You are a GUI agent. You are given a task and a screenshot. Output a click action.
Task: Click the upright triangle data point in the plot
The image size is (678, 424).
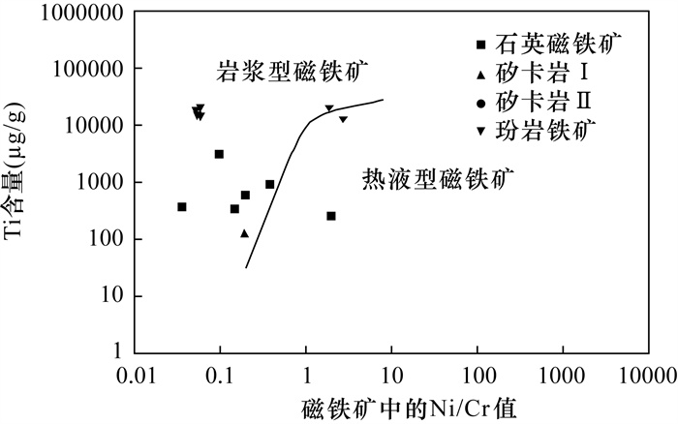point(245,233)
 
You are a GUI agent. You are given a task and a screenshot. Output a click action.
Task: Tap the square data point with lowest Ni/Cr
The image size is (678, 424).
point(182,207)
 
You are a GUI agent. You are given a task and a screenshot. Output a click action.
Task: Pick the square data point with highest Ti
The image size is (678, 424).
point(219,154)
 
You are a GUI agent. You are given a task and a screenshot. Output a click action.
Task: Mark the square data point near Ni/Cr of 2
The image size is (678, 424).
point(331,216)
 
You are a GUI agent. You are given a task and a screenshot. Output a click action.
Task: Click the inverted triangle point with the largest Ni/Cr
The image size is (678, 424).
point(343,119)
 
